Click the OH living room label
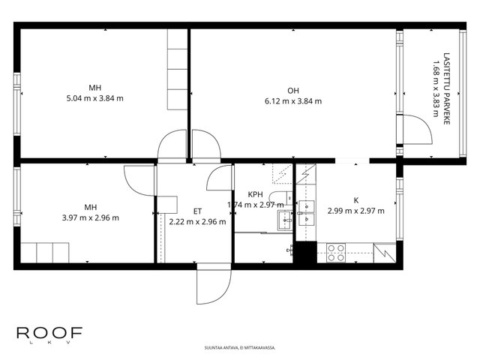click(293, 91)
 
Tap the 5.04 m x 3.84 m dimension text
click(95, 98)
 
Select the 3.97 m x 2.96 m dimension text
click(91, 217)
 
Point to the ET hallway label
click(197, 211)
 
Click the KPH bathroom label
click(255, 194)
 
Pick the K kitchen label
click(356, 200)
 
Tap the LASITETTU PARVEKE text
click(447, 88)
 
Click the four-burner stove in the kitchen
click(336, 253)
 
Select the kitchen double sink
click(307, 213)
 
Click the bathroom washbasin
click(285, 220)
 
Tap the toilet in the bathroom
click(280, 198)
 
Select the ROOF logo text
click(49, 333)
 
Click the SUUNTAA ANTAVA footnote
click(240, 348)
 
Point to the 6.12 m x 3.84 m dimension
click(293, 101)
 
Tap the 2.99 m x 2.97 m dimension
click(356, 211)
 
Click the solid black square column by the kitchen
click(305, 252)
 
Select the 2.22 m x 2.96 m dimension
click(197, 222)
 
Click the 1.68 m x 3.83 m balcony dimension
click(436, 88)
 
